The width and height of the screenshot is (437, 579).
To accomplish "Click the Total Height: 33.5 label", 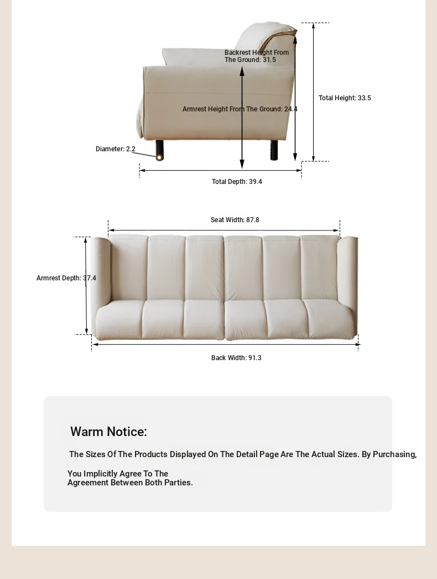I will (345, 98).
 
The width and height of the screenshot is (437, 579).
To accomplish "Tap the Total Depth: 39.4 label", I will (237, 182).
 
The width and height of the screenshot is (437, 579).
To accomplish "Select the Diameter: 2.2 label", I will (115, 149).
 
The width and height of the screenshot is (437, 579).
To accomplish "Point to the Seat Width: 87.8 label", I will (235, 220).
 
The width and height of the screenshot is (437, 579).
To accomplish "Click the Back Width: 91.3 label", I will (236, 358).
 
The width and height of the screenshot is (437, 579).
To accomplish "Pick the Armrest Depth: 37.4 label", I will (66, 278).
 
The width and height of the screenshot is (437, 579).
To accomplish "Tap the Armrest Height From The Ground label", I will (240, 109).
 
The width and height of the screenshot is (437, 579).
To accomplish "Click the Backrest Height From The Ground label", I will (257, 56).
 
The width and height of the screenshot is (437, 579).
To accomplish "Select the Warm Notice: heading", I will (108, 432).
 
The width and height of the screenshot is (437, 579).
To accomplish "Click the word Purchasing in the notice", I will (394, 454).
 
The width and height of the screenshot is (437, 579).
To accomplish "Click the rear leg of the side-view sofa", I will (274, 150).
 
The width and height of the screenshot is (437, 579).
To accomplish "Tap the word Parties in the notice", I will (178, 483).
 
